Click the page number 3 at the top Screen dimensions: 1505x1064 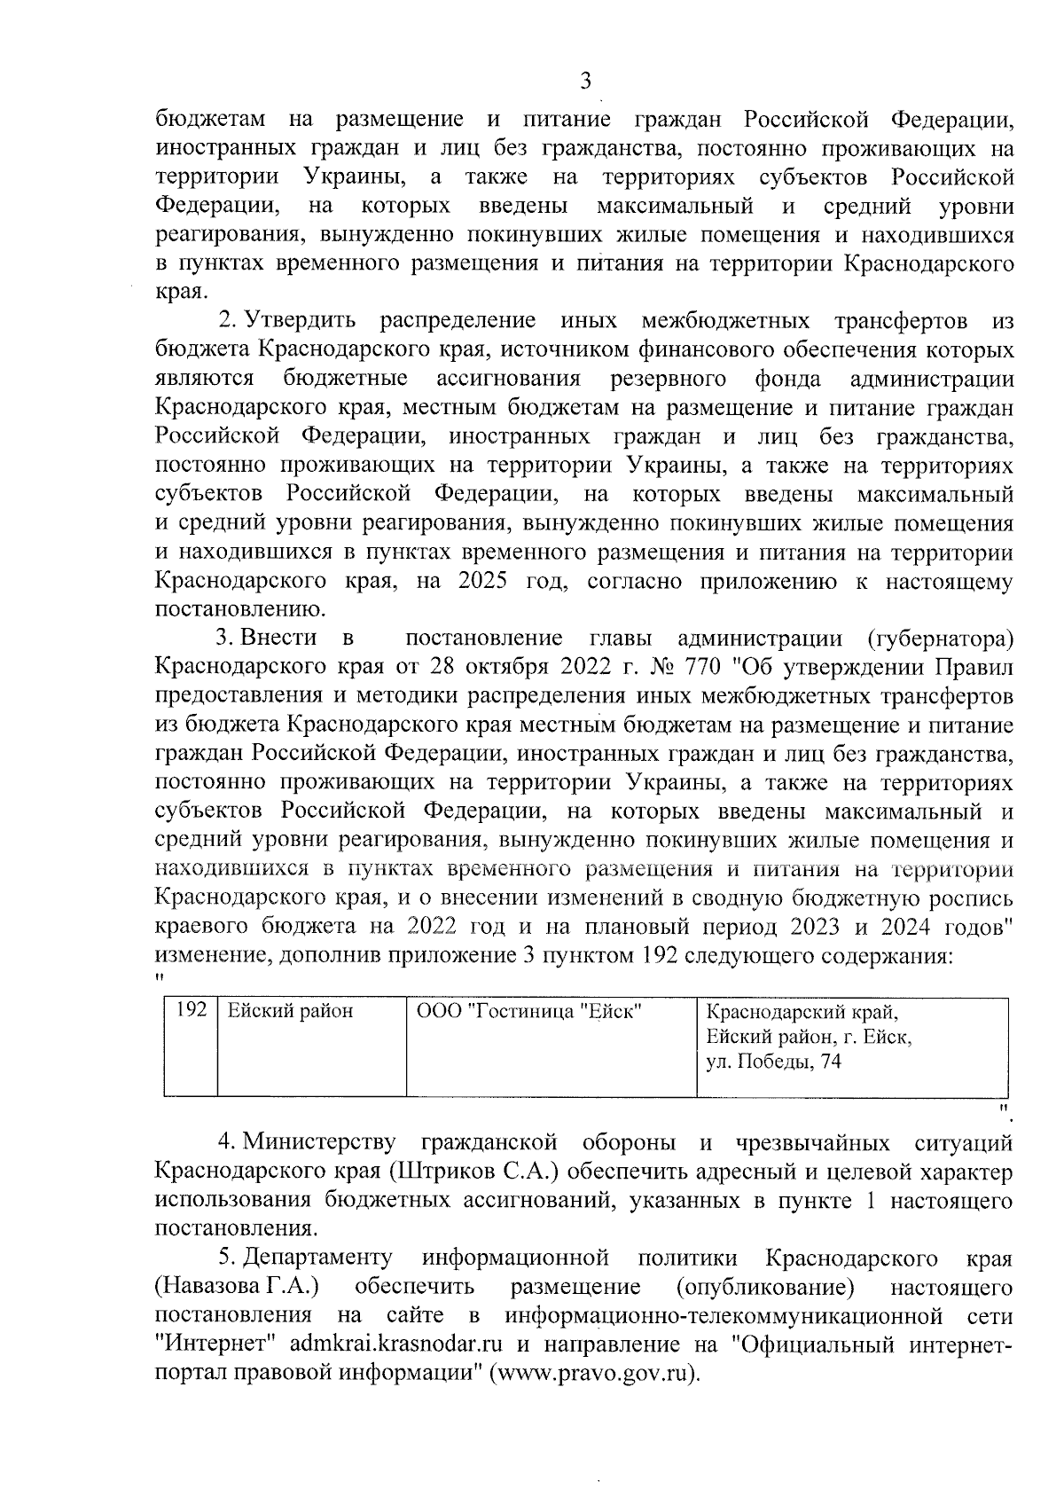coord(584,82)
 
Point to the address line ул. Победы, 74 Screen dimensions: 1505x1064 coord(772,1062)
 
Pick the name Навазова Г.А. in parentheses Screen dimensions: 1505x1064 coord(237,1286)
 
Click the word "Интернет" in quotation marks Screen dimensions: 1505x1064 coord(206,1344)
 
